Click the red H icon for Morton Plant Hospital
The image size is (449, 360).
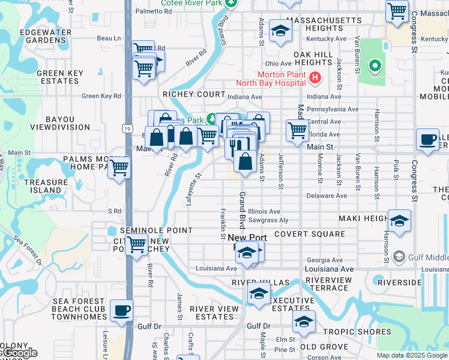[316, 78]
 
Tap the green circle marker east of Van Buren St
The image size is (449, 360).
[375, 65]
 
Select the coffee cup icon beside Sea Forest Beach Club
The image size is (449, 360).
[122, 311]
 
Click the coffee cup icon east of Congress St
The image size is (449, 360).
[427, 139]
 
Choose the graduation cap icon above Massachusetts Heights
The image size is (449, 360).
[280, 31]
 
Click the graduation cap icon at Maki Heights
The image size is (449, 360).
[399, 221]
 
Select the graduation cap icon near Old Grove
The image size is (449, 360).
[304, 322]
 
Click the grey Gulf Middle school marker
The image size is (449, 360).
[399, 257]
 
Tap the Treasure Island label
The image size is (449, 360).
[43, 186]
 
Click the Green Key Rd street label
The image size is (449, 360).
[101, 96]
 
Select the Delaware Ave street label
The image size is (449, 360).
[327, 196]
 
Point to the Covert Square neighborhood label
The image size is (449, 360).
[310, 234]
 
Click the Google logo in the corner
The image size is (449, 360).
[19, 353]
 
